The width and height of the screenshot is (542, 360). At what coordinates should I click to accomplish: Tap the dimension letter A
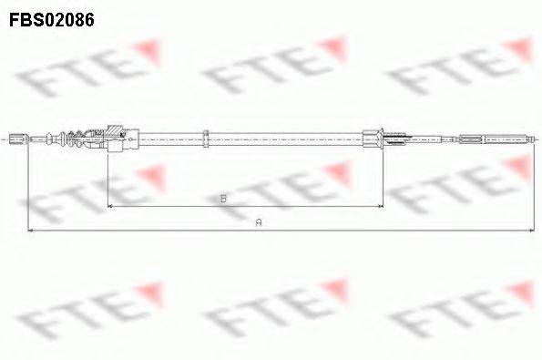pos(259,222)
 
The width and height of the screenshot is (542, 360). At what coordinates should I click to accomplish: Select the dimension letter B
pos(224,198)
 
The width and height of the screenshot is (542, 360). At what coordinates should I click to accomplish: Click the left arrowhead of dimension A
pos(32,231)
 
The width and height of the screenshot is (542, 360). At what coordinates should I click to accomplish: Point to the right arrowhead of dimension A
pos(529,231)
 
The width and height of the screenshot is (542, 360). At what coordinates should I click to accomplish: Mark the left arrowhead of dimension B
pos(111,207)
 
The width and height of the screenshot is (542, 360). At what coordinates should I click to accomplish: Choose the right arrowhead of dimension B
pos(380,207)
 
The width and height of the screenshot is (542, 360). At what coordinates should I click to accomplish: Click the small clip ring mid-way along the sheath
pos(207,139)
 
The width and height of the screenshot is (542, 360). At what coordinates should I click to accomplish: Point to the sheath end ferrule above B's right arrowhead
pos(373,139)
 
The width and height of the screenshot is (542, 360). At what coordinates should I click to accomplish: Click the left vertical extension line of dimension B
pos(107,178)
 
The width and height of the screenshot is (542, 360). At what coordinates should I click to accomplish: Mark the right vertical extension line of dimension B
pos(383,178)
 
